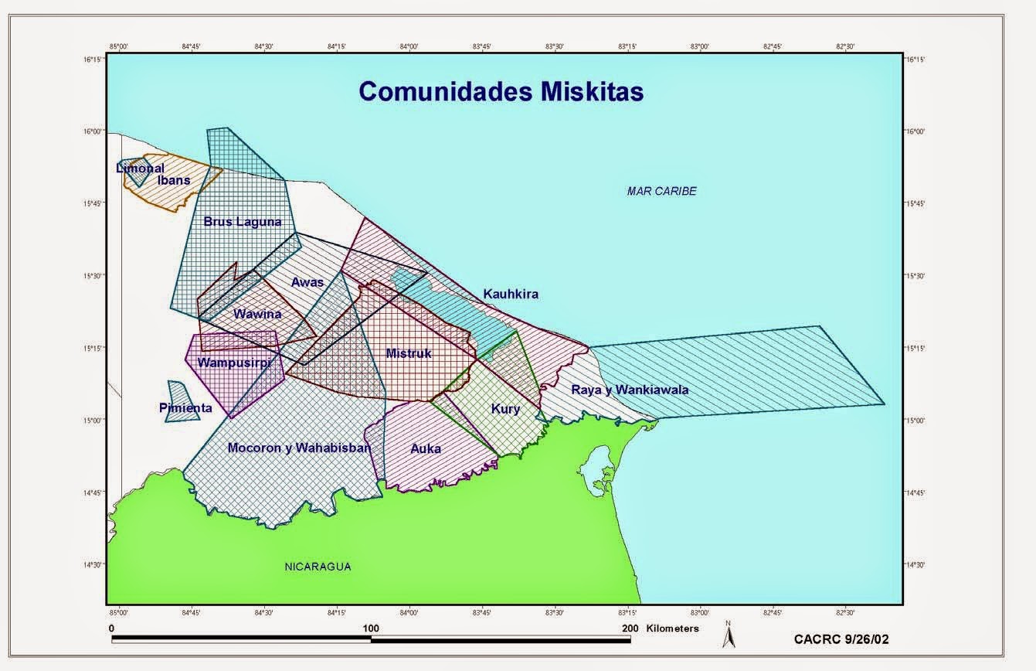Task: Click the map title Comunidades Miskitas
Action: [501, 91]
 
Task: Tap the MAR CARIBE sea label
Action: [661, 191]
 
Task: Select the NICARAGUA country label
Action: [318, 567]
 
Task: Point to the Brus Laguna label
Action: [242, 222]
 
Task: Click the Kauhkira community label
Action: [511, 294]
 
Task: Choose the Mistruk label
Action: [408, 353]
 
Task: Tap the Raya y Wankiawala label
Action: [630, 390]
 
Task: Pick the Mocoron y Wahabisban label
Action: [300, 448]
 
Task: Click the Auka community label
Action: [426, 448]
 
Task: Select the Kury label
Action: [505, 409]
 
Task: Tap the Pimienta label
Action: [185, 407]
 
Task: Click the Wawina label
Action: [256, 314]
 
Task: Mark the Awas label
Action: [307, 282]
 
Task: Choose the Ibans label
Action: [174, 180]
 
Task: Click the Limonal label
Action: [140, 168]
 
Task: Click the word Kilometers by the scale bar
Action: [672, 628]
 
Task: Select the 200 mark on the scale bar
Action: [630, 628]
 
